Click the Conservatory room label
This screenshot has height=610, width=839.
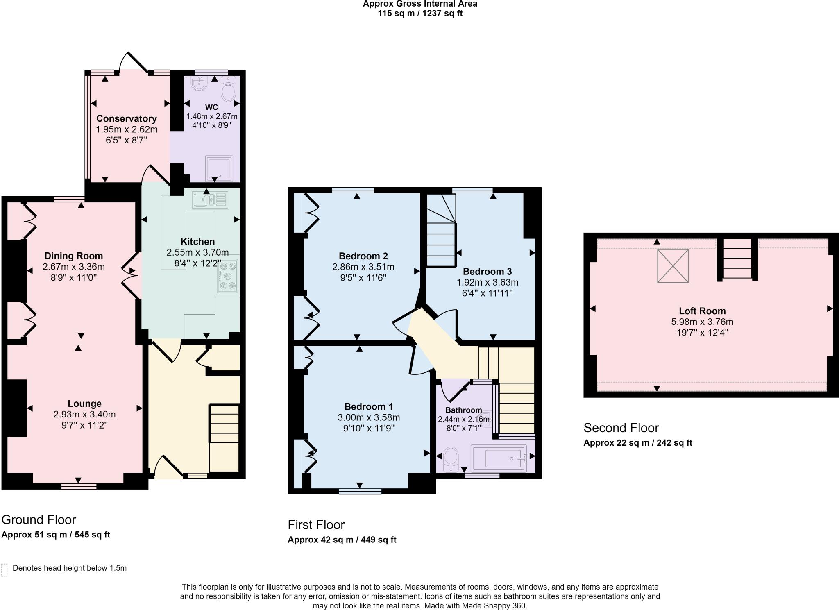127,118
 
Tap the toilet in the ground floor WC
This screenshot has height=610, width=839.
228,88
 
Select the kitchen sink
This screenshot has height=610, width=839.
210,200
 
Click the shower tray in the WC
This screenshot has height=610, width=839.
219,168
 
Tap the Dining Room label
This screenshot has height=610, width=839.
74,256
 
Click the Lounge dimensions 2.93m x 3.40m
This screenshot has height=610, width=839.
84,414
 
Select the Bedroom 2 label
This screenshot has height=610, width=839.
363,256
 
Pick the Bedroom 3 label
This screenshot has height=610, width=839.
488,271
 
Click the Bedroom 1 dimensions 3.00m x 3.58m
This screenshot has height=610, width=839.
369,417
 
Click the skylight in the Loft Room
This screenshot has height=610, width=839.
673,266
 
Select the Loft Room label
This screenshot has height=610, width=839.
702,311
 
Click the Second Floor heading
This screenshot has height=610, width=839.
621,428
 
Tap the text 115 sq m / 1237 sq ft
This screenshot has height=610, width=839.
420,14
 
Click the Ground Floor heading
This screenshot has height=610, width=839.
39,520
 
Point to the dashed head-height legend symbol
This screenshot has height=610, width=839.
5,570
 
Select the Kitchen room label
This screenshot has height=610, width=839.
198,242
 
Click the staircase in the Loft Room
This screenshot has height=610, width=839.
737,259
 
